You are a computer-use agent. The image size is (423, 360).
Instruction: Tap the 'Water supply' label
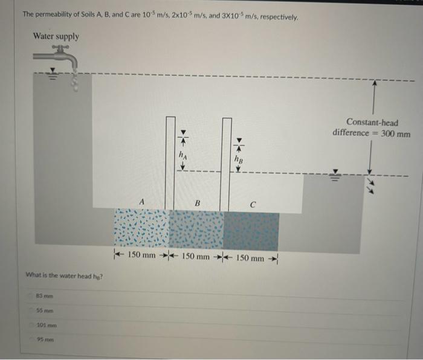56,36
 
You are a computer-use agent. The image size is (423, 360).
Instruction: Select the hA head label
182,155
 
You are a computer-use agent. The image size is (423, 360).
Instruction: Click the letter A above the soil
141,201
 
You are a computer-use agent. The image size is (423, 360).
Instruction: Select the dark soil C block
251,230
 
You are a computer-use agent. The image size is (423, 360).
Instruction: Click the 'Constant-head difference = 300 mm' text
372,127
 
